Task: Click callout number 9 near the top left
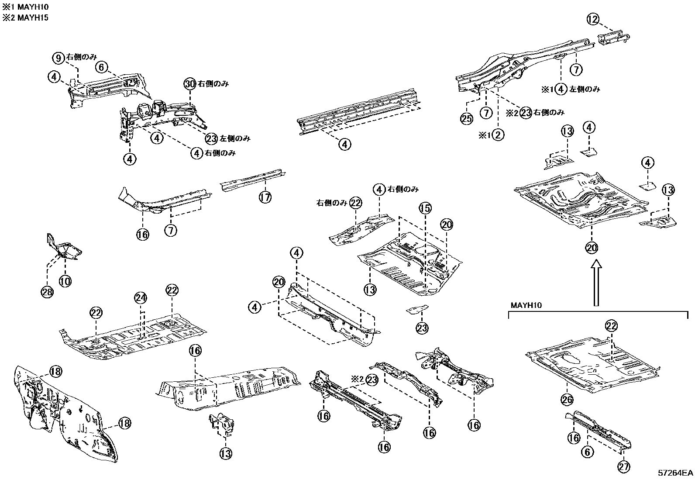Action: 58,58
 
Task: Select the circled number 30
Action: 189,84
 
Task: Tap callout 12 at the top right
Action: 592,19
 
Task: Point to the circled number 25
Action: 467,118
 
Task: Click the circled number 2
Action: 498,135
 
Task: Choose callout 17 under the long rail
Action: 265,197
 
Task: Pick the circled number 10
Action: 65,281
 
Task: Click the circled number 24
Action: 141,298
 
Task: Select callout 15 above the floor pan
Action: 425,209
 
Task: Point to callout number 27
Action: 624,467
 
